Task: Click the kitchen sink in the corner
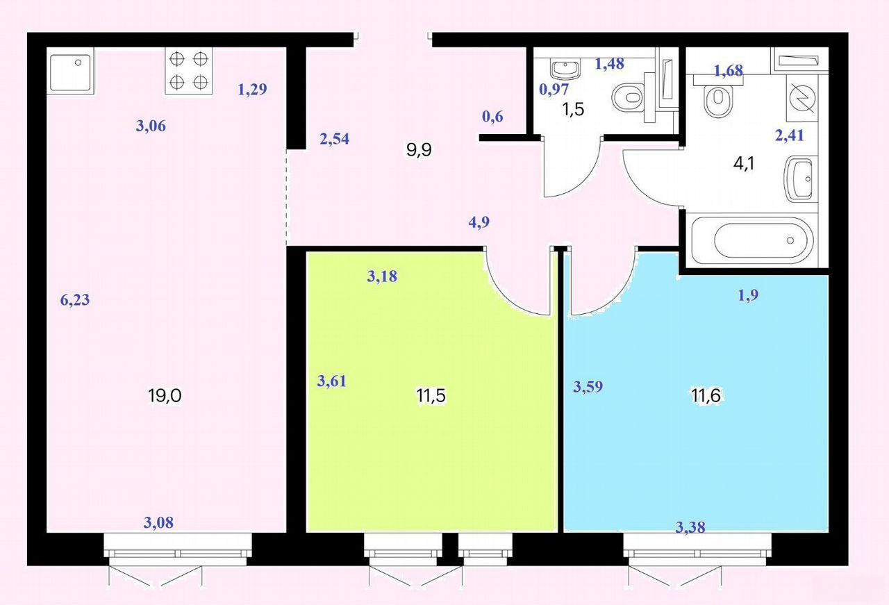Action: pos(71,71)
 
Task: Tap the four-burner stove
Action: pos(189,71)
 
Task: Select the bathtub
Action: pos(752,240)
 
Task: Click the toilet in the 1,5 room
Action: pos(629,97)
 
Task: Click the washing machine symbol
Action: pos(802,98)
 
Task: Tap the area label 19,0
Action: pos(165,396)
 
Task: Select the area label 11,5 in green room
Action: pos(431,395)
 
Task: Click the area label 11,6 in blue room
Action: pos(706,395)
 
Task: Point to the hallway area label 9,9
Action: pos(419,150)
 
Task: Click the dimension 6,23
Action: pos(75,300)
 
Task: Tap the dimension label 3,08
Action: pos(158,523)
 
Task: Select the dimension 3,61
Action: pos(332,381)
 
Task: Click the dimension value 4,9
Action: pos(479,222)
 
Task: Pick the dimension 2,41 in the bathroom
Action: pos(790,135)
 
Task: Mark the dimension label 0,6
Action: pos(492,117)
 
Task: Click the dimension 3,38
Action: pos(690,527)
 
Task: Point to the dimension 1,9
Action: pos(748,295)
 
